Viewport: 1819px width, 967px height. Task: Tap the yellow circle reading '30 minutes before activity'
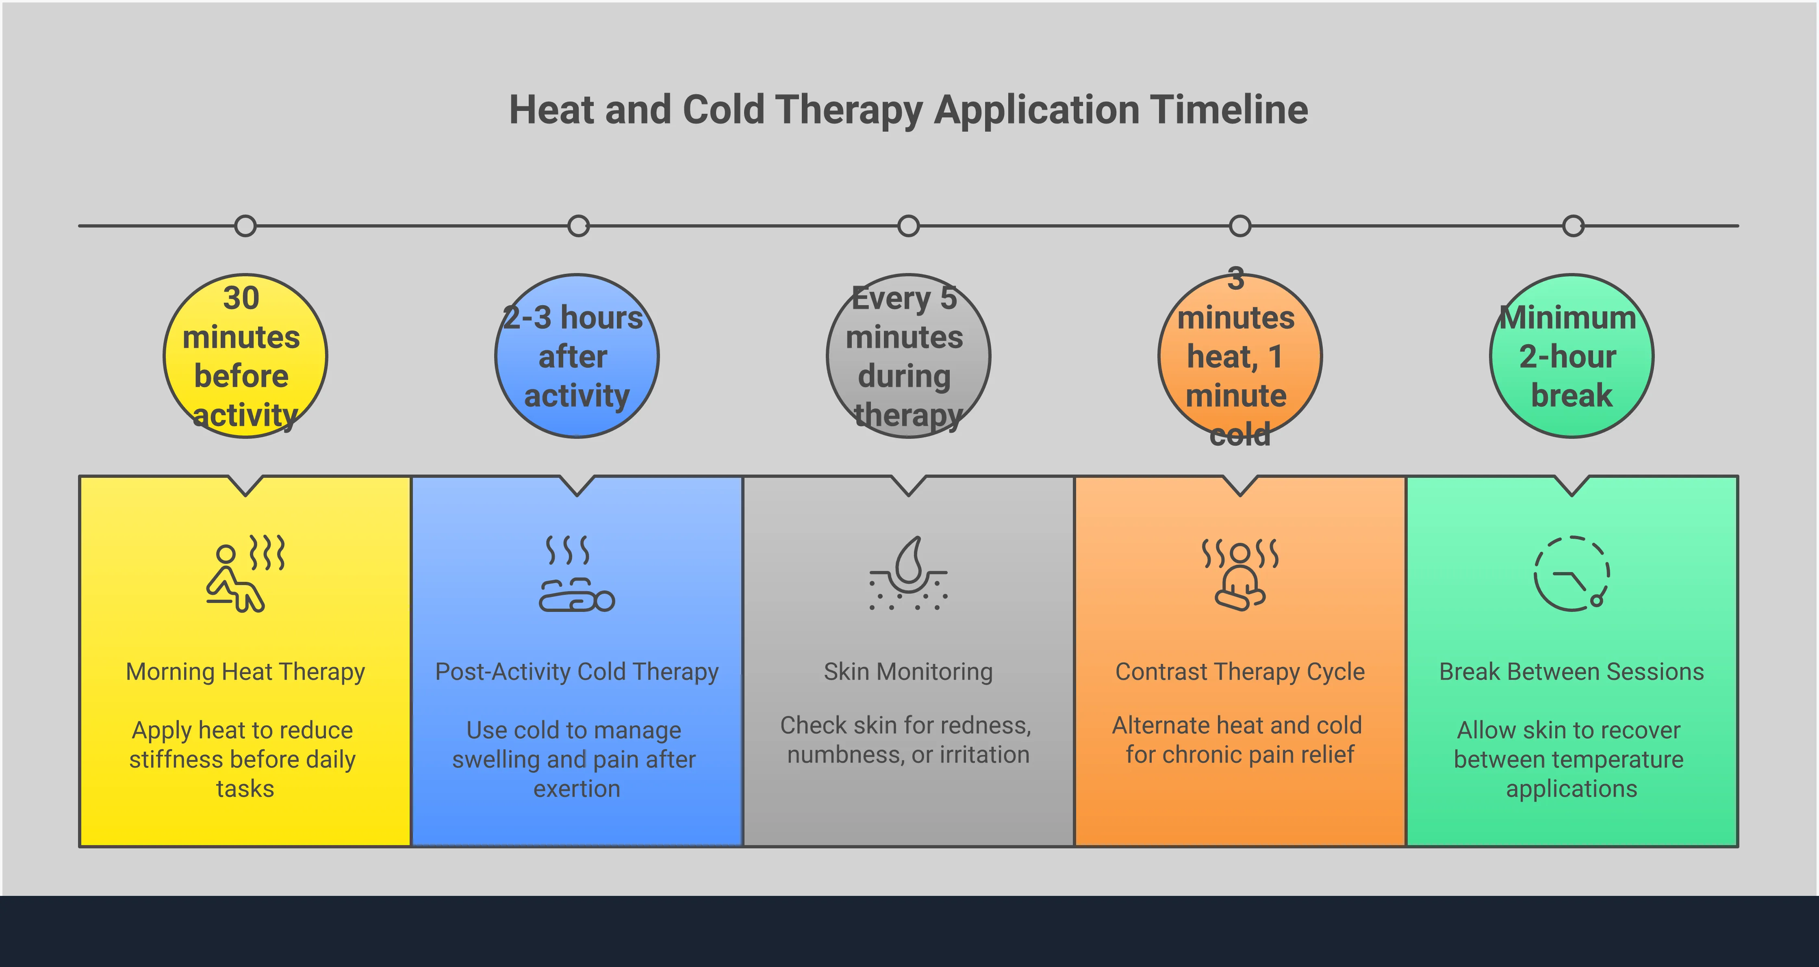[x=245, y=356]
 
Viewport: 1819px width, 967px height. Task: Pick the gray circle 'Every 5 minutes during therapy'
[x=908, y=356]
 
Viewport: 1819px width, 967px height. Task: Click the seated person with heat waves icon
[x=245, y=573]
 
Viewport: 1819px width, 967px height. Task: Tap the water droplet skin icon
[x=908, y=573]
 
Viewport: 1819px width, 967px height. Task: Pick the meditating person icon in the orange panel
[x=1240, y=573]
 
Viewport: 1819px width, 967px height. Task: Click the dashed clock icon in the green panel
[x=1572, y=573]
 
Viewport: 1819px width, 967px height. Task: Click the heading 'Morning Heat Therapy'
[x=245, y=672]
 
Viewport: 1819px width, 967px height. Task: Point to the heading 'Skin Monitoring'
[x=908, y=672]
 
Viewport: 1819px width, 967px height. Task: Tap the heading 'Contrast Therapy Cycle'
[x=1240, y=672]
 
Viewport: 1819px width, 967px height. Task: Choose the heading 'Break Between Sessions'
[x=1572, y=672]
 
